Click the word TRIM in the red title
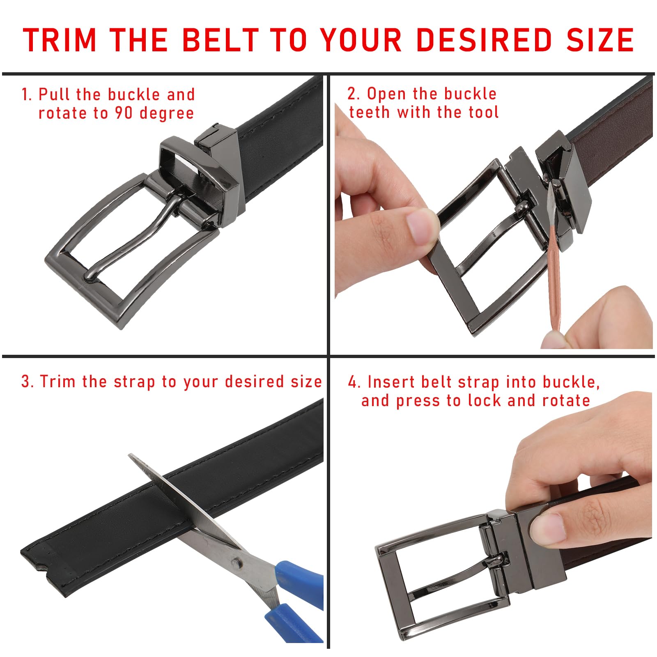coord(60,40)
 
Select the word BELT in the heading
coord(220,40)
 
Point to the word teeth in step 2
coord(369,112)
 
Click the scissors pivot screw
coord(235,562)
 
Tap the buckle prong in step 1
coord(131,238)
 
